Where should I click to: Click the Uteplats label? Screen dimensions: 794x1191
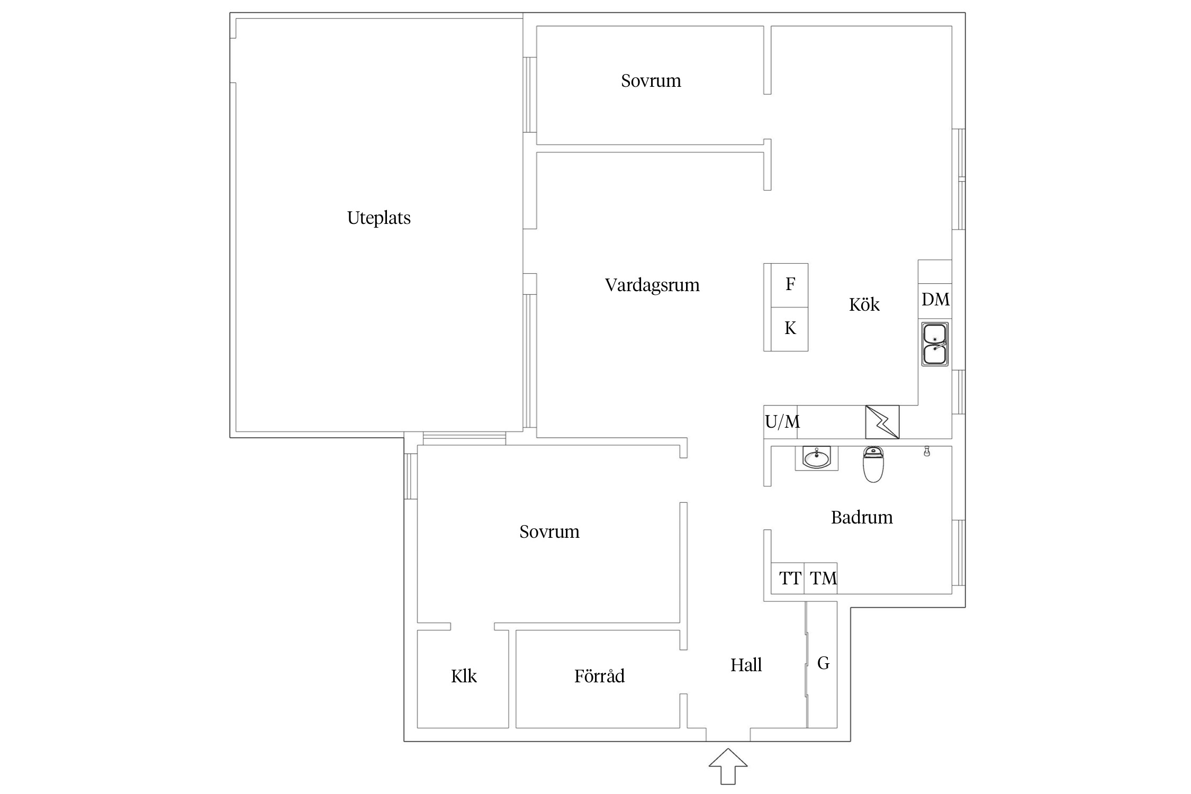click(378, 218)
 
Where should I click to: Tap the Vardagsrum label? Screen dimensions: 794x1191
click(652, 285)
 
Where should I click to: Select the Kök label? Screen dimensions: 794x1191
click(864, 304)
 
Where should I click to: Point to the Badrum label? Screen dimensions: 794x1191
click(861, 517)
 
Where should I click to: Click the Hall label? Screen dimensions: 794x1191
click(746, 665)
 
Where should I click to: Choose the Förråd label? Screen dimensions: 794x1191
click(599, 676)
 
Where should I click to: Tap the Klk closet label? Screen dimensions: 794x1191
click(464, 676)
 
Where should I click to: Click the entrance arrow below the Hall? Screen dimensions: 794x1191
click(728, 766)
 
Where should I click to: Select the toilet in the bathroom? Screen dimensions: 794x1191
click(873, 464)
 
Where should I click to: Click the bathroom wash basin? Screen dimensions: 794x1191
click(816, 458)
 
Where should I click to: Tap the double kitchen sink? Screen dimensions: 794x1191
click(935, 344)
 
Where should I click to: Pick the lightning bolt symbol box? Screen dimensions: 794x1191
click(882, 422)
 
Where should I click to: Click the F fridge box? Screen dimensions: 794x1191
click(789, 285)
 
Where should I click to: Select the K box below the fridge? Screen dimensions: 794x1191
click(789, 329)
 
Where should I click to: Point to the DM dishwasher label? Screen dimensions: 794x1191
click(935, 300)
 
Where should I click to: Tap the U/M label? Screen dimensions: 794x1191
click(782, 422)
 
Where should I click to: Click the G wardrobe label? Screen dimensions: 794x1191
click(823, 663)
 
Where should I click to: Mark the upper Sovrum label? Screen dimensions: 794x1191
click(651, 81)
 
